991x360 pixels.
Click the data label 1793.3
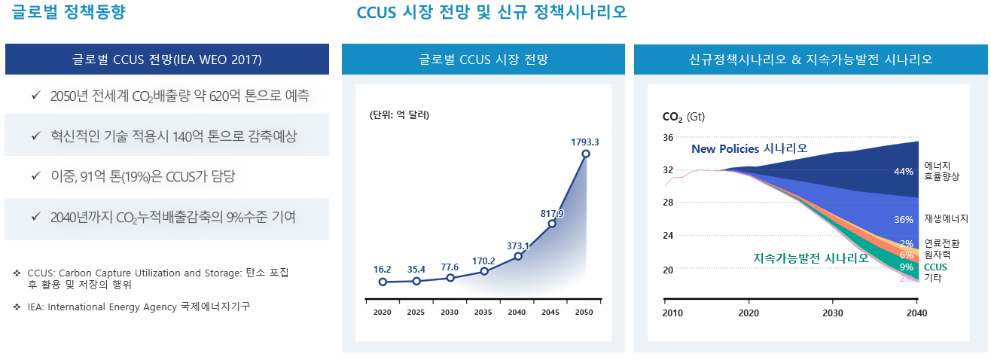click(x=585, y=142)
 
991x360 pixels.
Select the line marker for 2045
click(x=552, y=224)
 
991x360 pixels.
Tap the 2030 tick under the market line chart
click(x=450, y=312)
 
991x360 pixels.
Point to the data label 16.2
click(x=382, y=269)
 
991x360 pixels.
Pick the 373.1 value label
click(x=518, y=246)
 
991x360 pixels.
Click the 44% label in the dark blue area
click(x=903, y=172)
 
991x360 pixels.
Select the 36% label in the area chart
click(x=903, y=220)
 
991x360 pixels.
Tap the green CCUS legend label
click(x=935, y=267)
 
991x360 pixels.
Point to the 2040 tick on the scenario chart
click(x=916, y=313)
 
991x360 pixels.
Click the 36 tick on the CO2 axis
click(x=668, y=138)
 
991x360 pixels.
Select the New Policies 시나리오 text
click(x=749, y=148)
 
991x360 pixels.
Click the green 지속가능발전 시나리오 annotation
click(x=810, y=258)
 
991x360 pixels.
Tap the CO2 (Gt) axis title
click(x=683, y=117)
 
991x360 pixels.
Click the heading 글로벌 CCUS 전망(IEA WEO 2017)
click(x=167, y=59)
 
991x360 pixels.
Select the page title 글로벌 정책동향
click(x=64, y=12)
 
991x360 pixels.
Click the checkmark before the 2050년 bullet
click(x=35, y=96)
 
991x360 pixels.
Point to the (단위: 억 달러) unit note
click(x=399, y=115)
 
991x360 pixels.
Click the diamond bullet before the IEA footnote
click(x=17, y=307)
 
